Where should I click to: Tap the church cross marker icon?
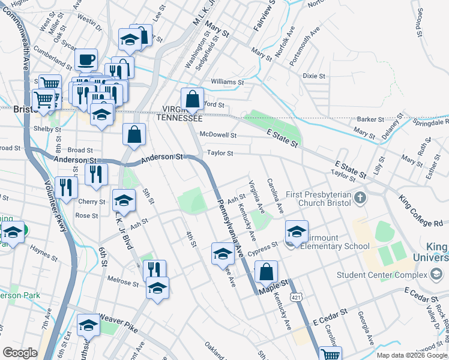pos(360,197)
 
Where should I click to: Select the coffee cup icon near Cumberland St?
pos(86,60)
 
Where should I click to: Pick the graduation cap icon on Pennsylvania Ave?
pos(223,253)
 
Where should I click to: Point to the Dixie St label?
pos(313,76)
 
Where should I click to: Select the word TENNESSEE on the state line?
pos(179,118)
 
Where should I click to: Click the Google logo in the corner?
pos(20,353)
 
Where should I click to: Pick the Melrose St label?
pos(123,279)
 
